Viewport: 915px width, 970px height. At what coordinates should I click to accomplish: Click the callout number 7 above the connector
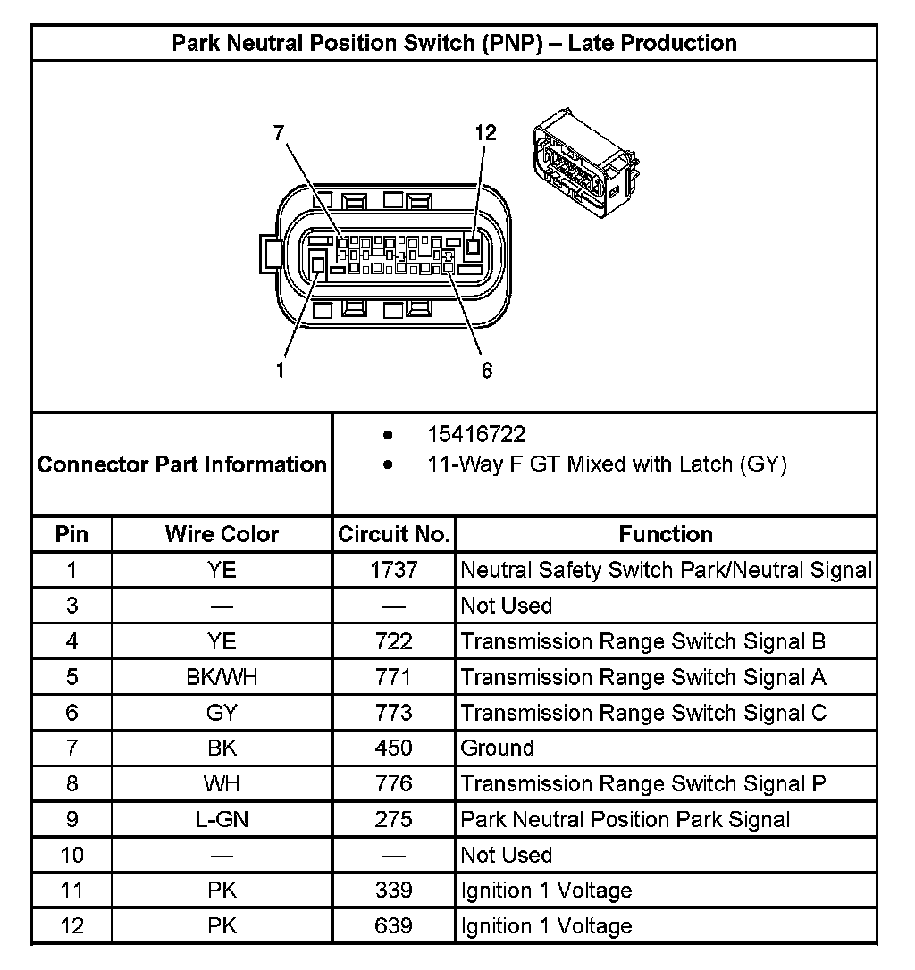click(x=279, y=133)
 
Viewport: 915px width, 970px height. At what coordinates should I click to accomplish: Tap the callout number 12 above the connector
click(x=485, y=133)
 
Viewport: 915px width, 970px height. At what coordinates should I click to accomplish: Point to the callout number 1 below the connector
click(x=280, y=370)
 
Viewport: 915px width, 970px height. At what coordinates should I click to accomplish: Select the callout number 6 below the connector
click(x=487, y=370)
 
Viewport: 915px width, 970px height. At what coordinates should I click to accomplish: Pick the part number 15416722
click(x=476, y=435)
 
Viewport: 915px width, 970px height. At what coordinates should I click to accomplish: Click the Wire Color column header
click(x=222, y=534)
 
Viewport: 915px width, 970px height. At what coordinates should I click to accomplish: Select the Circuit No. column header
click(x=393, y=534)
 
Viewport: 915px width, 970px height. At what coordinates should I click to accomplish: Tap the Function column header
click(x=666, y=534)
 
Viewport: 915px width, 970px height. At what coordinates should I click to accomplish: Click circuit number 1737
click(x=393, y=570)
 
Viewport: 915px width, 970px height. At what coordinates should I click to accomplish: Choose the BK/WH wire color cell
click(x=222, y=677)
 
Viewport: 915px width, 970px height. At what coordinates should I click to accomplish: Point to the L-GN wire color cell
click(x=222, y=819)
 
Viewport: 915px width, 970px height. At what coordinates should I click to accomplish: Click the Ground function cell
click(x=498, y=748)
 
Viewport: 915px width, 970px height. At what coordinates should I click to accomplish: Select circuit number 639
click(x=393, y=925)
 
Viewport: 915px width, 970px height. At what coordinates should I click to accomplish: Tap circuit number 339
click(x=393, y=891)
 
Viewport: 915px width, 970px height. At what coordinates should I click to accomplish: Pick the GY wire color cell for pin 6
click(x=222, y=713)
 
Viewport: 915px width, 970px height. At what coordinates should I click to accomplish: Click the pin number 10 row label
click(x=72, y=855)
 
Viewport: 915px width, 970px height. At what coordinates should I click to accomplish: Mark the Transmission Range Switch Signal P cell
click(x=643, y=783)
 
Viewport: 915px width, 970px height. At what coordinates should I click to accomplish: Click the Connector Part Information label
click(x=182, y=464)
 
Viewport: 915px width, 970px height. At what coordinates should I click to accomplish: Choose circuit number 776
click(x=393, y=783)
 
